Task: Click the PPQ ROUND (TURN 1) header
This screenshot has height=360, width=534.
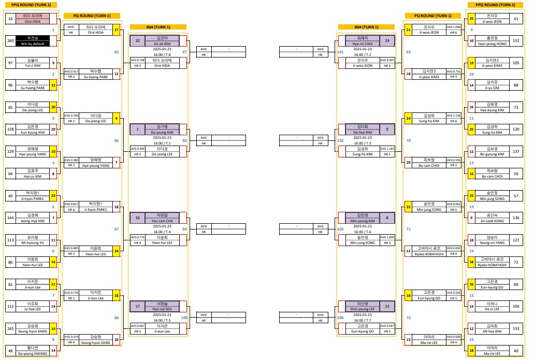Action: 31,5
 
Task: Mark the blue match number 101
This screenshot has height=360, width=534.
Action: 340,52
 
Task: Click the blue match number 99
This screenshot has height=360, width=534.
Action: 185,229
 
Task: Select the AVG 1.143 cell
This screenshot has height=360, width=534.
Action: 387,149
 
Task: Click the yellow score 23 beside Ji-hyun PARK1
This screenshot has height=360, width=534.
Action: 53,196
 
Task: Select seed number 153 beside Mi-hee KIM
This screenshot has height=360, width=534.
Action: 515,329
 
